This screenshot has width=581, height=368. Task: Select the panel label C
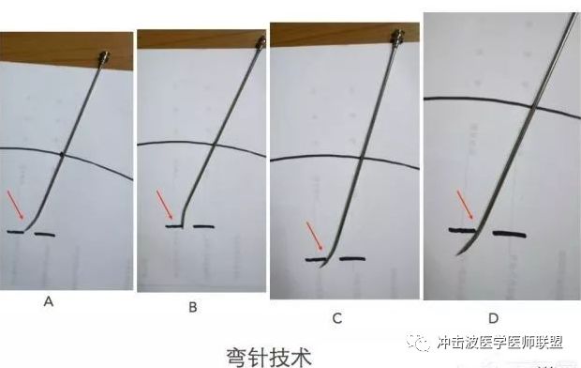pyautogui.click(x=337, y=318)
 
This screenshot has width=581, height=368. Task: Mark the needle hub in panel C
pyautogui.click(x=399, y=38)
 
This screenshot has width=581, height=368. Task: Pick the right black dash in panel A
pyautogui.click(x=44, y=234)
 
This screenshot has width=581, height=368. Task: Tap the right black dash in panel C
pyautogui.click(x=353, y=257)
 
